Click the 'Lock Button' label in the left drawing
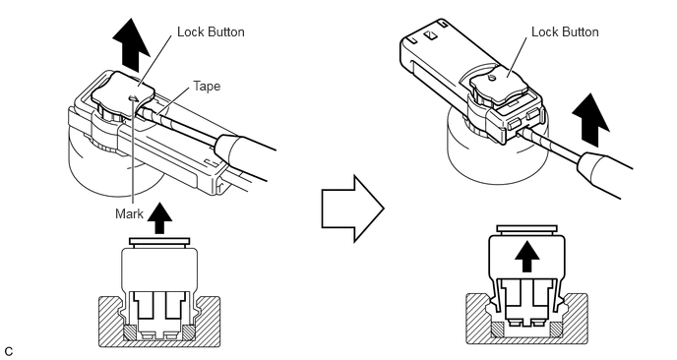tap(211, 31)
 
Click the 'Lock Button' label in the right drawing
tap(565, 31)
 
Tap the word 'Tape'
tap(207, 86)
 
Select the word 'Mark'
tap(129, 213)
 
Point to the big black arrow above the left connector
tap(131, 45)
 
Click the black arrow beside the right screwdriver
tap(590, 120)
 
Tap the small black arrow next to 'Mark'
tap(159, 218)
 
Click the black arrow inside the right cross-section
tap(526, 257)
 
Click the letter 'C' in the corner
tap(9, 351)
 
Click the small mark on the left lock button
tap(134, 98)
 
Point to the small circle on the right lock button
tap(491, 78)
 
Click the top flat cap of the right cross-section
tap(526, 229)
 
